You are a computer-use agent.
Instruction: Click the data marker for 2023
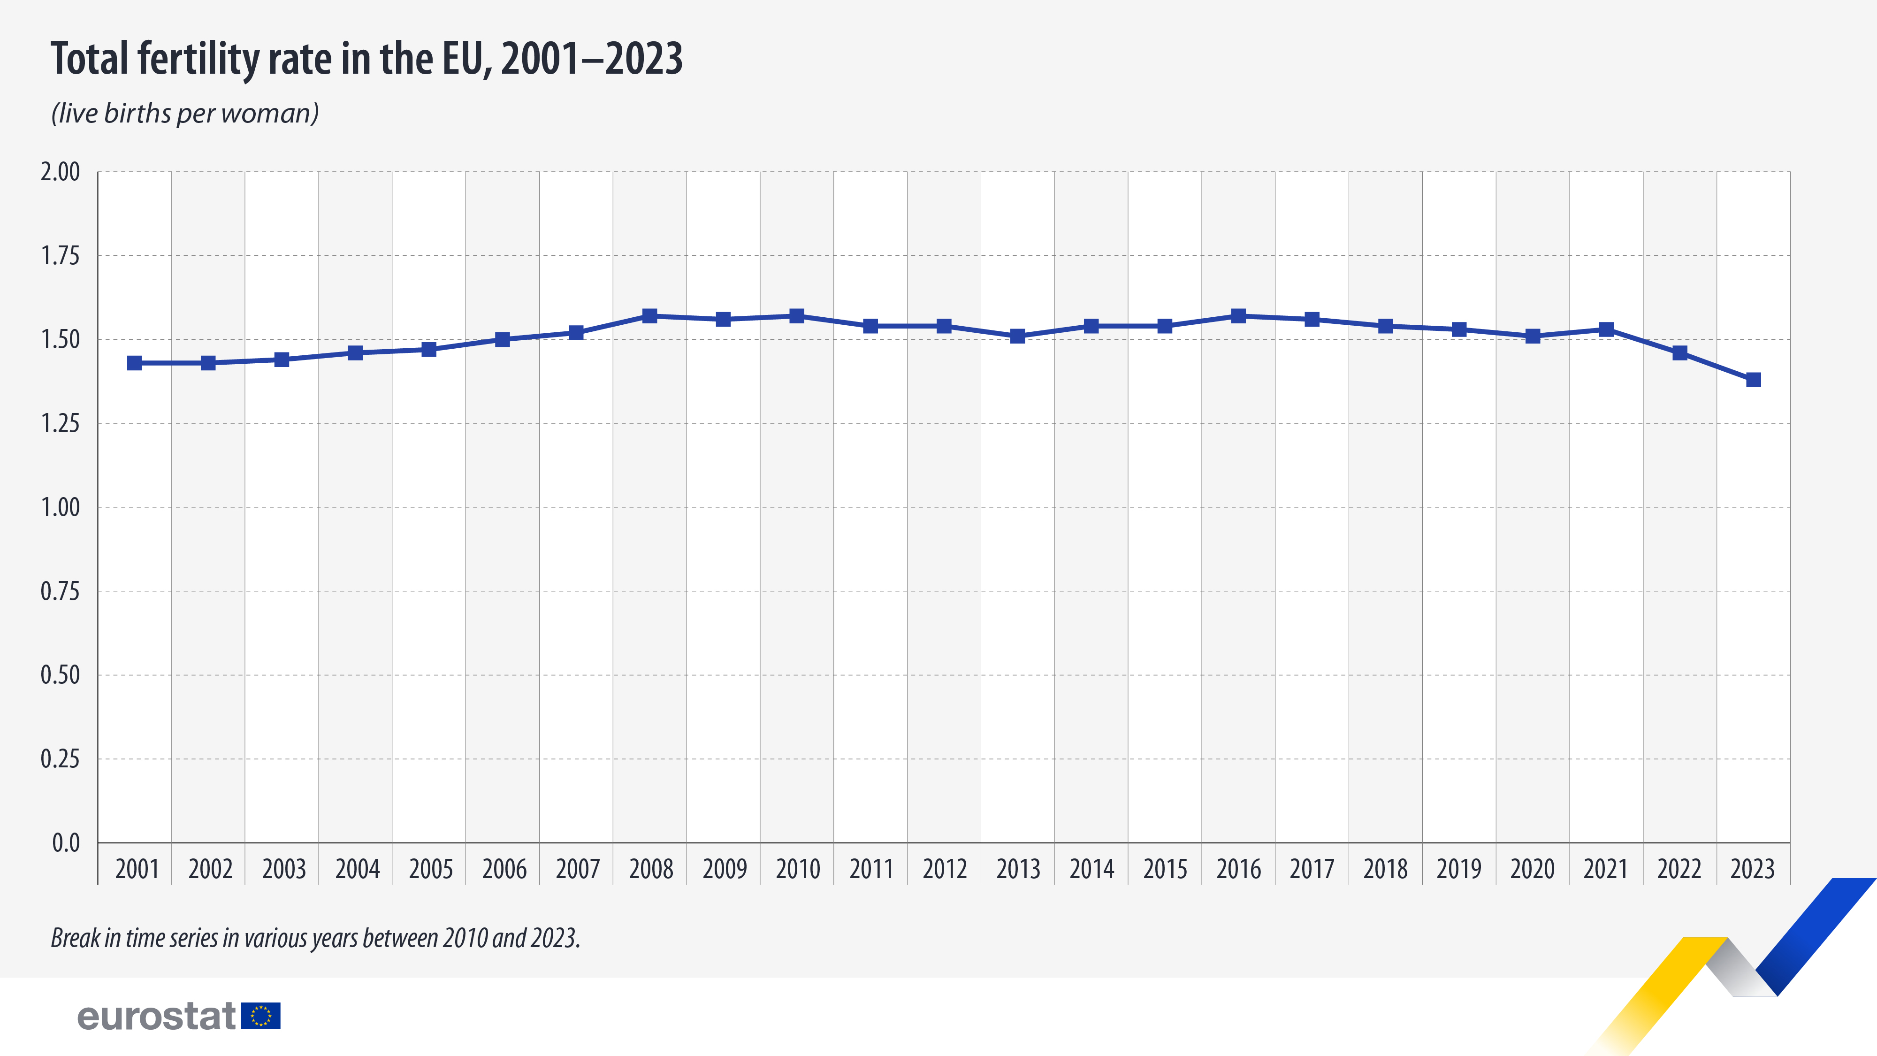point(1753,380)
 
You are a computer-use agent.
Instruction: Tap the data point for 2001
point(135,363)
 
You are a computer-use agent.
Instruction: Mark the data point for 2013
point(1017,336)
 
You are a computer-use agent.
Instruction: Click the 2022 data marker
point(1679,353)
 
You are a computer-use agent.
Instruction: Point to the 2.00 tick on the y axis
point(60,172)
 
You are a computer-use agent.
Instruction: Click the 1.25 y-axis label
point(60,423)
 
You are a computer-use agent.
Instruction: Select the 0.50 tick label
point(60,675)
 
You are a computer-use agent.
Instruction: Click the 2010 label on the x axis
point(797,869)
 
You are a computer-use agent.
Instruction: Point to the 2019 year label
point(1459,869)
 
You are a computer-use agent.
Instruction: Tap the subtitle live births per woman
point(185,113)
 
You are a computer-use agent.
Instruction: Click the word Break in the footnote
point(75,938)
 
